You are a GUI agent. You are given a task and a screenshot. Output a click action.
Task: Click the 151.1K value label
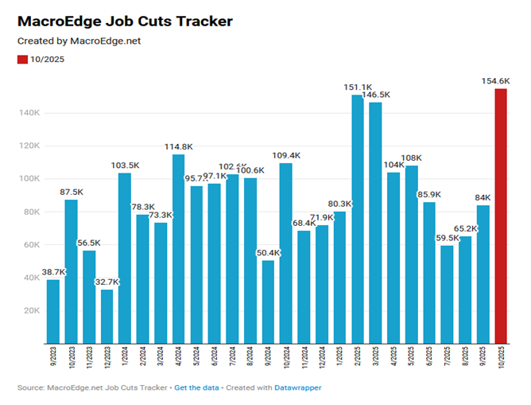357,87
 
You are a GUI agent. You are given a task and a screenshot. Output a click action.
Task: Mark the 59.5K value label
447,237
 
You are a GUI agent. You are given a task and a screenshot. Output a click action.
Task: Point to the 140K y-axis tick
29,113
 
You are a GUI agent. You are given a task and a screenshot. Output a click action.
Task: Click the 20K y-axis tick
31,310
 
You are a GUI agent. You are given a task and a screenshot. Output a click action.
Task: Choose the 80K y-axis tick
31,212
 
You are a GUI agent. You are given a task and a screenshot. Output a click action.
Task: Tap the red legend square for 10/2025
21,60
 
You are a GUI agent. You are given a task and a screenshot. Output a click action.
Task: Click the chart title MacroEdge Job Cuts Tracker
125,21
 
